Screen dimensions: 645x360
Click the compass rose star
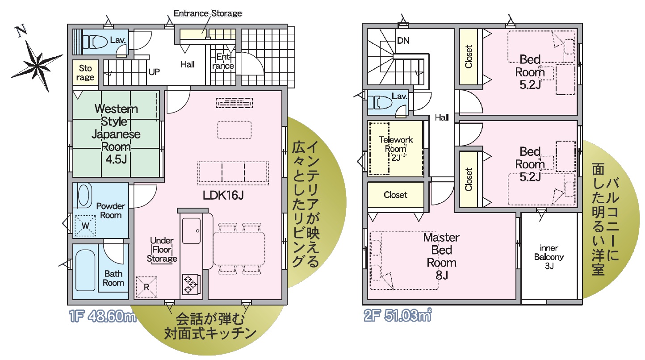pyautogui.click(x=37, y=66)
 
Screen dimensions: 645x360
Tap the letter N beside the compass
pyautogui.click(x=21, y=31)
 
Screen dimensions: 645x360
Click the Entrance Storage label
pyautogui.click(x=208, y=13)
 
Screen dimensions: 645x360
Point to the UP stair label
pyautogui.click(x=154, y=72)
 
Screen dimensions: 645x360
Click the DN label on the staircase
pyautogui.click(x=403, y=41)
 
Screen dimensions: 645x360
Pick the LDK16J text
pyautogui.click(x=223, y=196)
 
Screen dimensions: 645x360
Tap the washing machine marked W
pyautogui.click(x=85, y=226)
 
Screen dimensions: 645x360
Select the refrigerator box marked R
pyautogui.click(x=147, y=287)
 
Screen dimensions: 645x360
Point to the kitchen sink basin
pyautogui.click(x=191, y=230)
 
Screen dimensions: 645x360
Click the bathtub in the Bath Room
pyautogui.click(x=85, y=270)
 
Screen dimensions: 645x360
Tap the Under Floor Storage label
pyautogui.click(x=162, y=250)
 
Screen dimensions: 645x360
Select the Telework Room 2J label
pyautogui.click(x=396, y=149)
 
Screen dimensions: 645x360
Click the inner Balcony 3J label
pyautogui.click(x=549, y=257)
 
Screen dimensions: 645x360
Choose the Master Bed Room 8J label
pyautogui.click(x=441, y=256)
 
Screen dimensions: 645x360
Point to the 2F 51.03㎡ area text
pyautogui.click(x=398, y=315)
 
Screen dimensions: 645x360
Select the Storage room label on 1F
pyautogui.click(x=85, y=73)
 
